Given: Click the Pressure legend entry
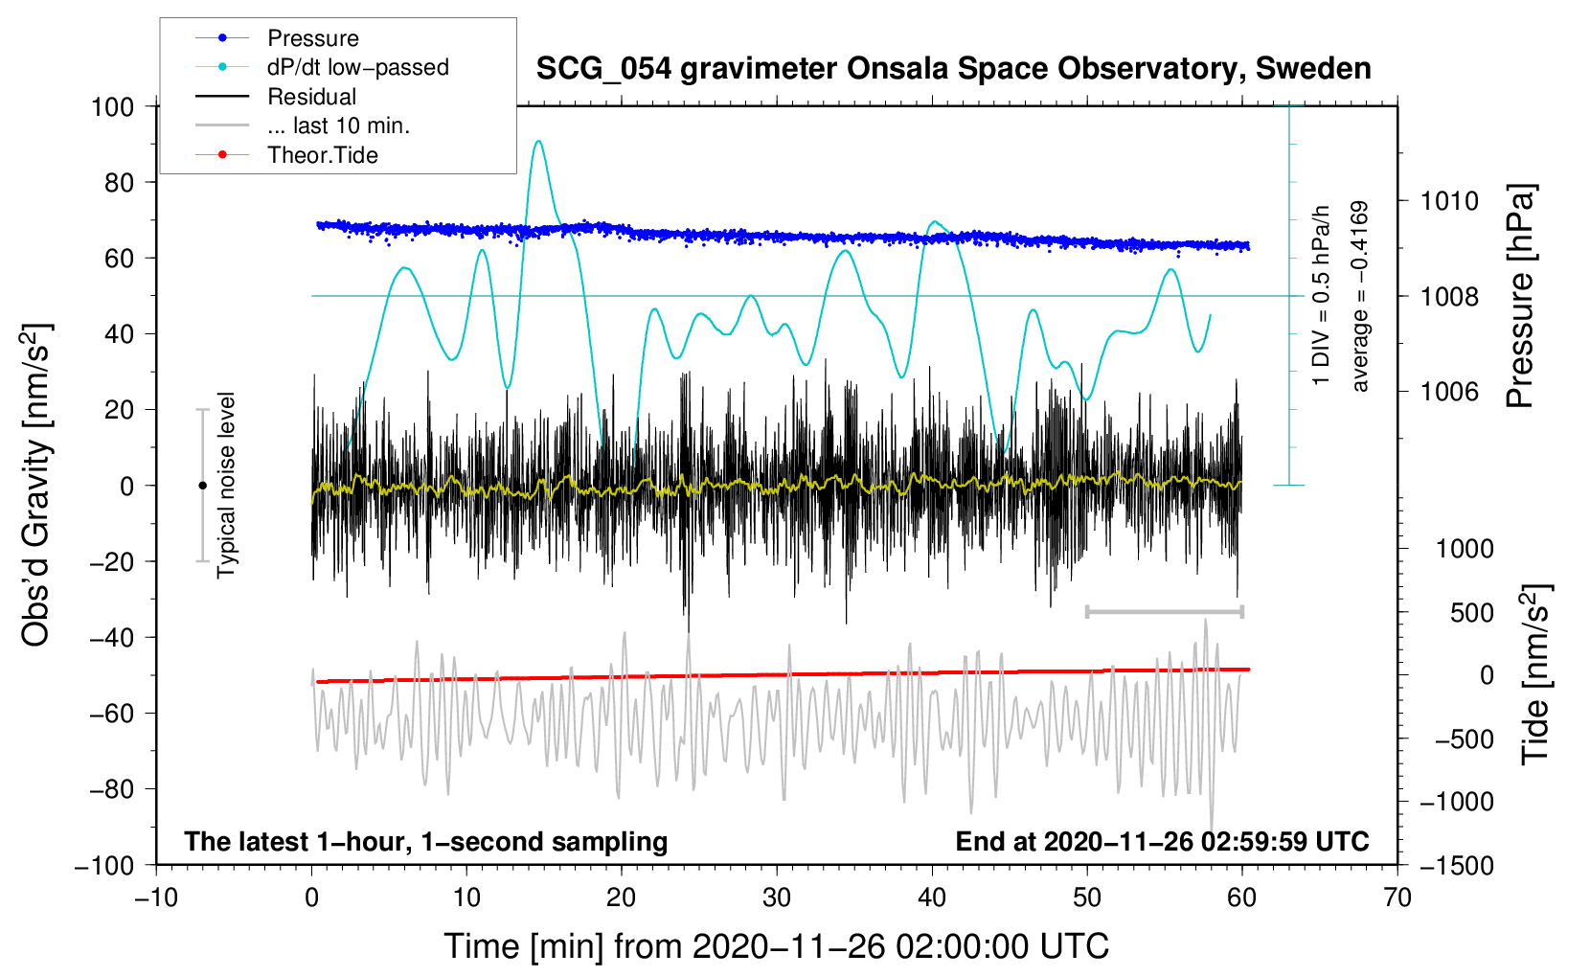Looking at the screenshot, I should [312, 38].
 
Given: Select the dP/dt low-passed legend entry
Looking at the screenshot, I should [357, 67].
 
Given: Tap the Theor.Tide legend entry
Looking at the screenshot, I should [322, 155].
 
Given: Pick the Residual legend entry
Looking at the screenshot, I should [311, 97].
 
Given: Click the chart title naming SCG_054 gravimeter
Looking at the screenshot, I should [953, 69].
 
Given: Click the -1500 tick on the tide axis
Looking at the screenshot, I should [1457, 865].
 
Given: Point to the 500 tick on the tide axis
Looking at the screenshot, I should [1471, 612].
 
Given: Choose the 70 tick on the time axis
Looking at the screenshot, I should [1397, 897].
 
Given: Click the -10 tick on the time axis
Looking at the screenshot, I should [156, 897].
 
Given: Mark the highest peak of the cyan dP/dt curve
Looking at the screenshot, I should [538, 141].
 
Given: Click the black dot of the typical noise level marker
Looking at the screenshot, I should [202, 486].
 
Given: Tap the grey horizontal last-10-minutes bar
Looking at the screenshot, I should [1164, 611].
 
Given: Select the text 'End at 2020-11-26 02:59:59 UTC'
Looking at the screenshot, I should [1162, 841].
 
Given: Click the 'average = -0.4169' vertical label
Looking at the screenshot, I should [1360, 296].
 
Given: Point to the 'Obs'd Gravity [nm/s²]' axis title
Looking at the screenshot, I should [36, 486].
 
